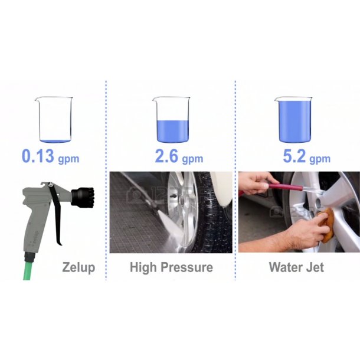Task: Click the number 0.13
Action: [x=38, y=156]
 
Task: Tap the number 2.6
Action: [x=166, y=156]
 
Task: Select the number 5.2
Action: [x=294, y=156]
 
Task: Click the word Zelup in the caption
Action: [x=78, y=268]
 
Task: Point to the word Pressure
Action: [x=186, y=267]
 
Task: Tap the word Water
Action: [x=286, y=267]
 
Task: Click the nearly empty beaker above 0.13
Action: [x=54, y=120]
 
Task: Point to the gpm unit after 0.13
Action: [x=68, y=159]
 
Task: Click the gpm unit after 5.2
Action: [x=320, y=159]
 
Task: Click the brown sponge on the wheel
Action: [x=326, y=225]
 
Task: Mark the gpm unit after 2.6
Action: [x=192, y=159]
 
